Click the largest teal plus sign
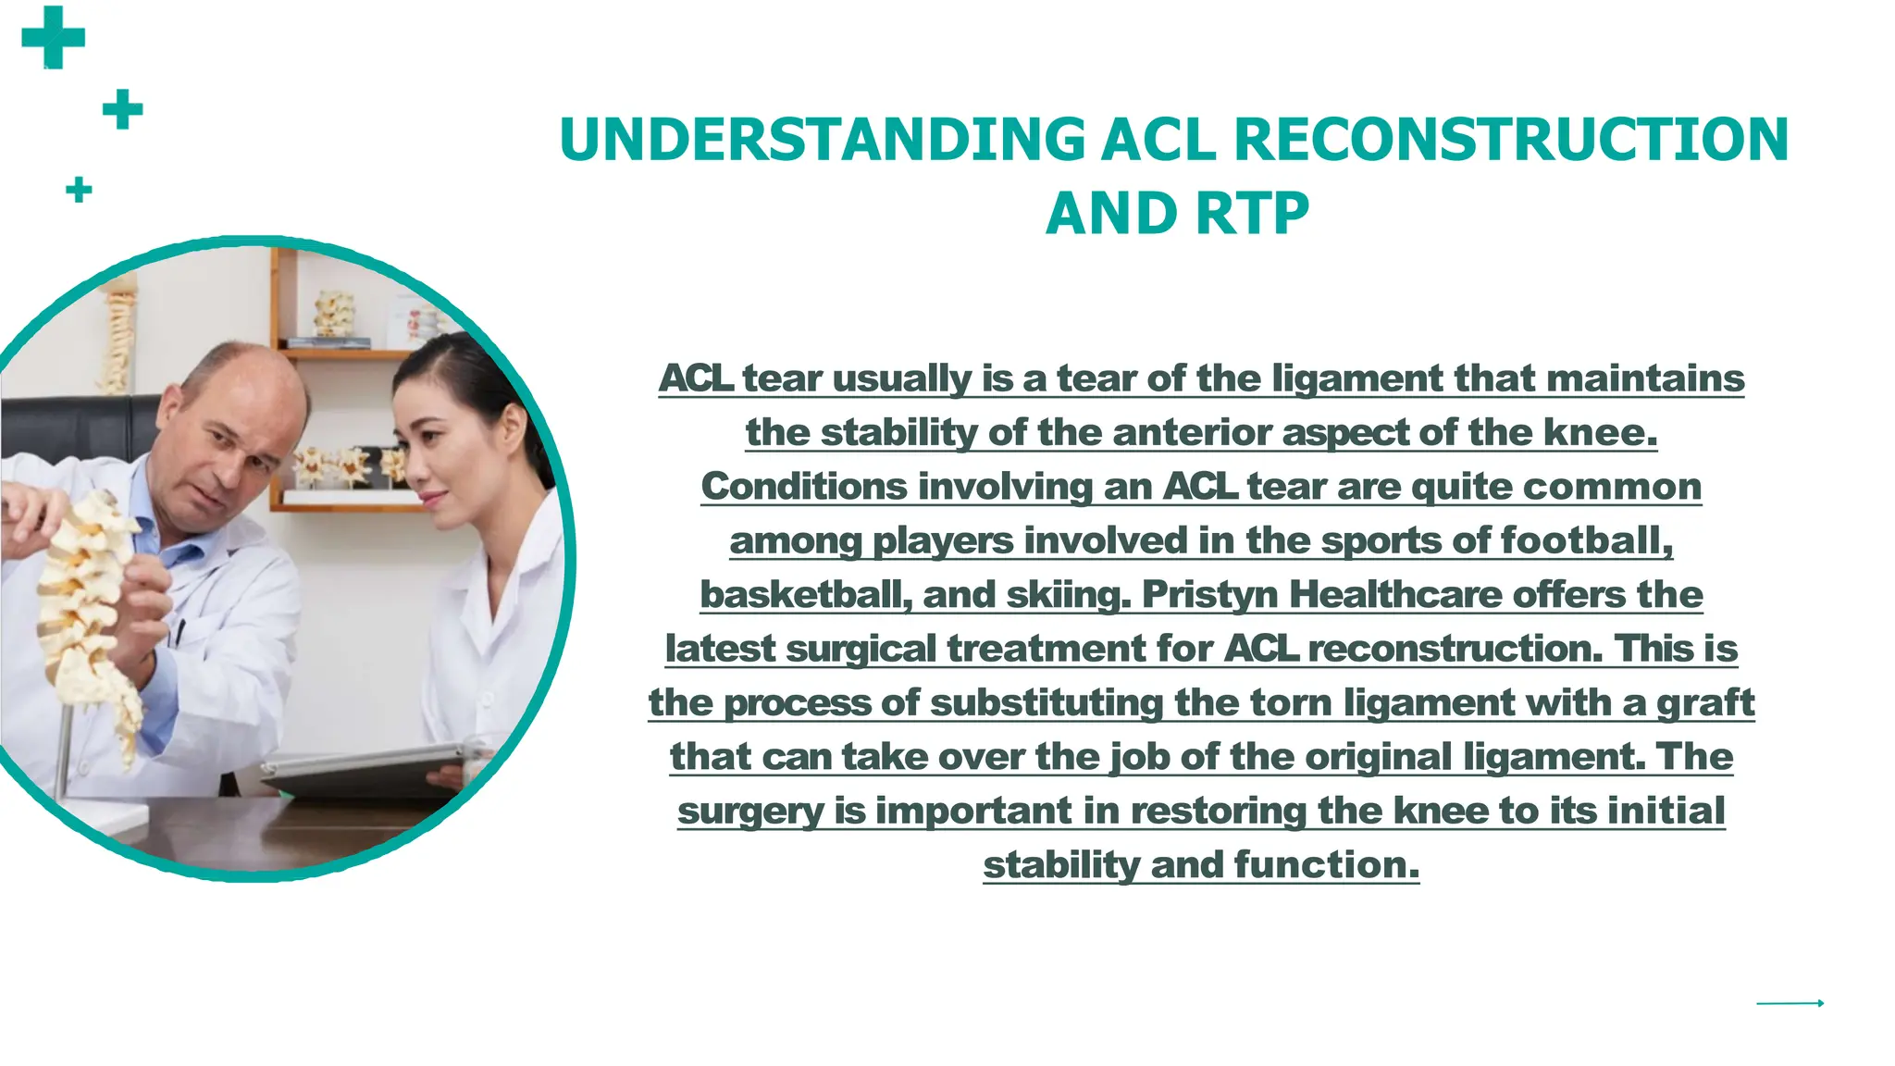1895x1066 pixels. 53,38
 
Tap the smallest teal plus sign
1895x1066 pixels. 79,190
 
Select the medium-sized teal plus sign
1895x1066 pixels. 122,109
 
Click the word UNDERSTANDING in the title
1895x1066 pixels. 822,140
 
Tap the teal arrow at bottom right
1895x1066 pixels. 1790,1003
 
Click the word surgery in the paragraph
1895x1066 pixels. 749,812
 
